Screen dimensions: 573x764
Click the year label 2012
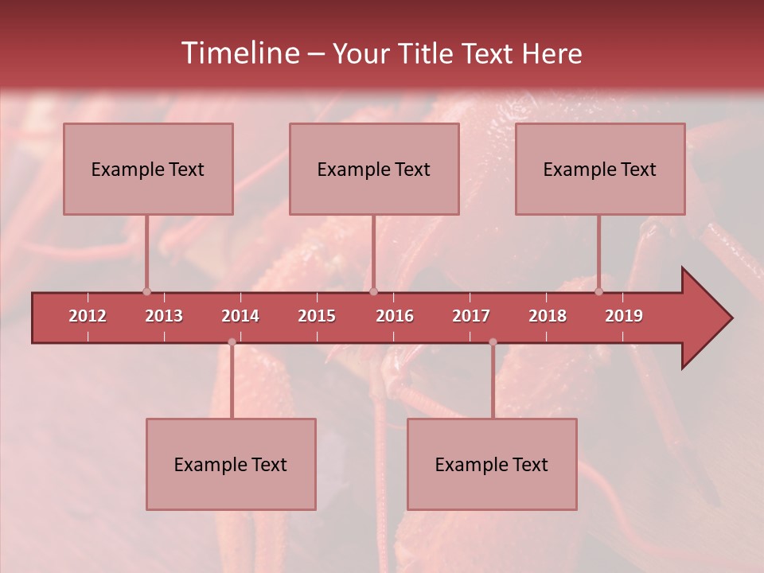[x=88, y=316]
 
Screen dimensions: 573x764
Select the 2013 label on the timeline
[x=164, y=316]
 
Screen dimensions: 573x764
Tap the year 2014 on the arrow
[x=240, y=316]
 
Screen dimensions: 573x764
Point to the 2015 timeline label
[x=317, y=316]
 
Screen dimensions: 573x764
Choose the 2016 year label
[x=395, y=316]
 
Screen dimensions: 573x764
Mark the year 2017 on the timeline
[x=471, y=316]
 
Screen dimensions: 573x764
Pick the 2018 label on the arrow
[x=548, y=316]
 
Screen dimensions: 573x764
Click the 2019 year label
[x=624, y=316]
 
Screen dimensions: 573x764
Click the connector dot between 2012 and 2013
[x=146, y=291]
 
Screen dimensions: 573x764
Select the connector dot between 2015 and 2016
[x=374, y=291]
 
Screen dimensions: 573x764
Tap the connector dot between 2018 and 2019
[x=599, y=291]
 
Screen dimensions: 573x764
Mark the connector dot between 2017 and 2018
[x=493, y=342]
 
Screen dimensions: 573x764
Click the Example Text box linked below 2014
[x=231, y=464]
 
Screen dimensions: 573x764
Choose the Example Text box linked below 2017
[x=492, y=464]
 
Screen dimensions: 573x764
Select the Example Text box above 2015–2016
[x=374, y=169]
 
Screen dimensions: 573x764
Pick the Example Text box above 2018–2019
[x=600, y=169]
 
